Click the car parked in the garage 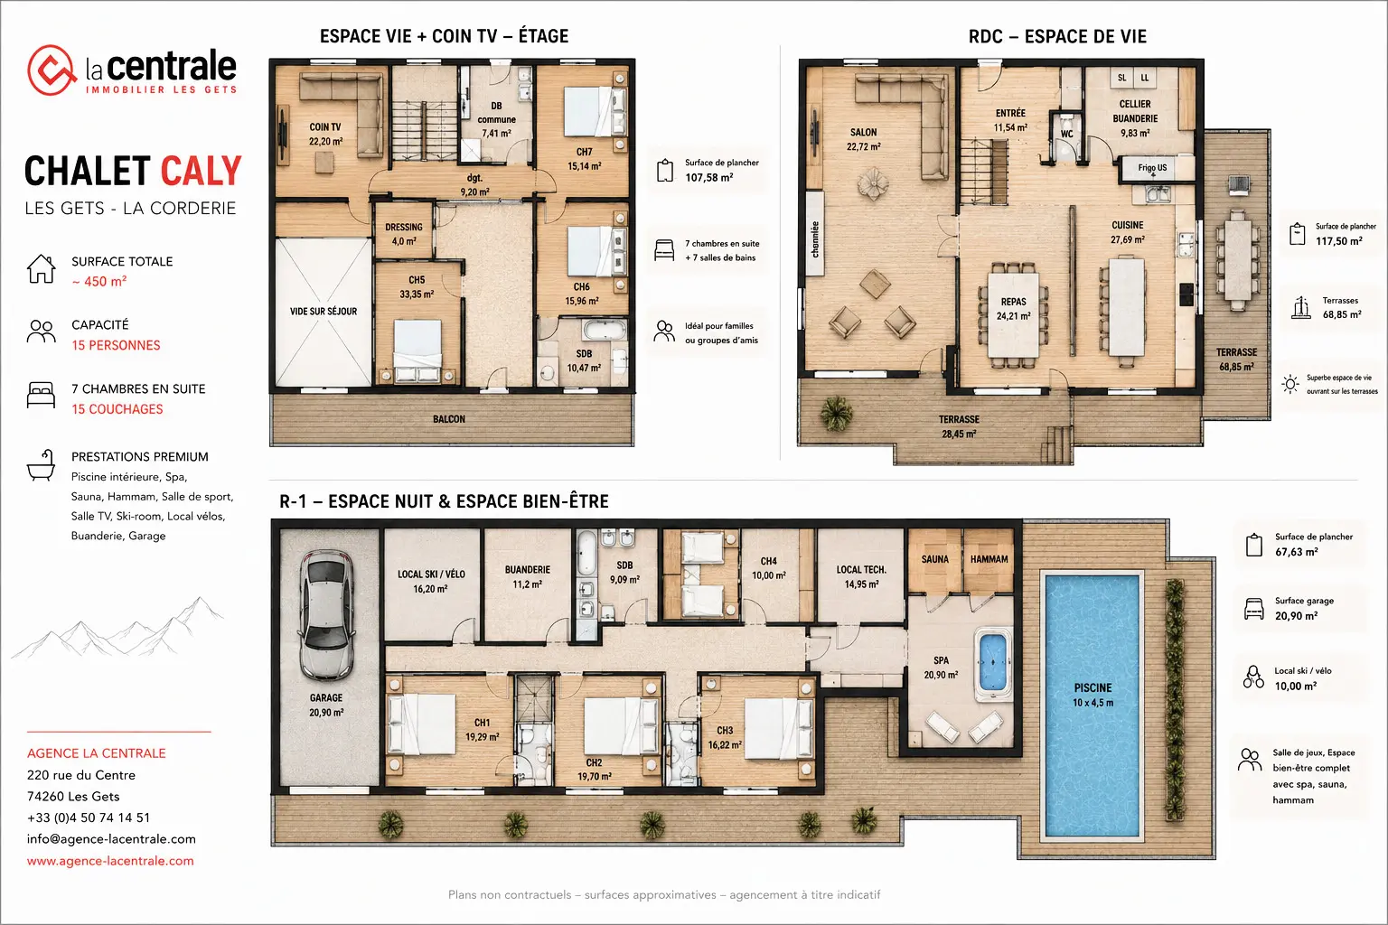pyautogui.click(x=326, y=616)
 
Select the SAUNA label pyautogui.click(x=934, y=559)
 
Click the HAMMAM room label pyautogui.click(x=989, y=559)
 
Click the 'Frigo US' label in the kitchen pyautogui.click(x=1152, y=167)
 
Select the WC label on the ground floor pyautogui.click(x=1066, y=134)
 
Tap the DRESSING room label pyautogui.click(x=403, y=228)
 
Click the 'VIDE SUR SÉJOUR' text pyautogui.click(x=324, y=311)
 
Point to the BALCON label pyautogui.click(x=448, y=419)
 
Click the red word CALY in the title pyautogui.click(x=201, y=171)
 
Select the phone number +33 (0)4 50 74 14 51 pyautogui.click(x=89, y=818)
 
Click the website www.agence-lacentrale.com pyautogui.click(x=110, y=861)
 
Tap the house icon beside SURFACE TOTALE pyautogui.click(x=41, y=269)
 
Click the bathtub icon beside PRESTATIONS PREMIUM pyautogui.click(x=41, y=464)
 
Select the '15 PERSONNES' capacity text pyautogui.click(x=116, y=345)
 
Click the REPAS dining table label pyautogui.click(x=1013, y=302)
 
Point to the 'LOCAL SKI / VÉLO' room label pyautogui.click(x=431, y=575)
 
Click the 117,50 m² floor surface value pyautogui.click(x=1339, y=241)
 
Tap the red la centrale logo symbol pyautogui.click(x=51, y=70)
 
